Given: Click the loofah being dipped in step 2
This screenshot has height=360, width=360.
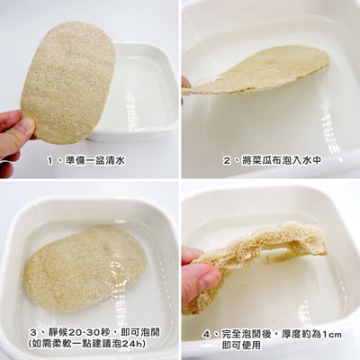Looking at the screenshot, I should [x=261, y=70].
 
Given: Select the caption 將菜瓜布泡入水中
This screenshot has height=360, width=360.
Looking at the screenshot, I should [x=279, y=161].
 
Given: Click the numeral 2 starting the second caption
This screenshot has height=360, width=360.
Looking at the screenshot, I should [x=228, y=161].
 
